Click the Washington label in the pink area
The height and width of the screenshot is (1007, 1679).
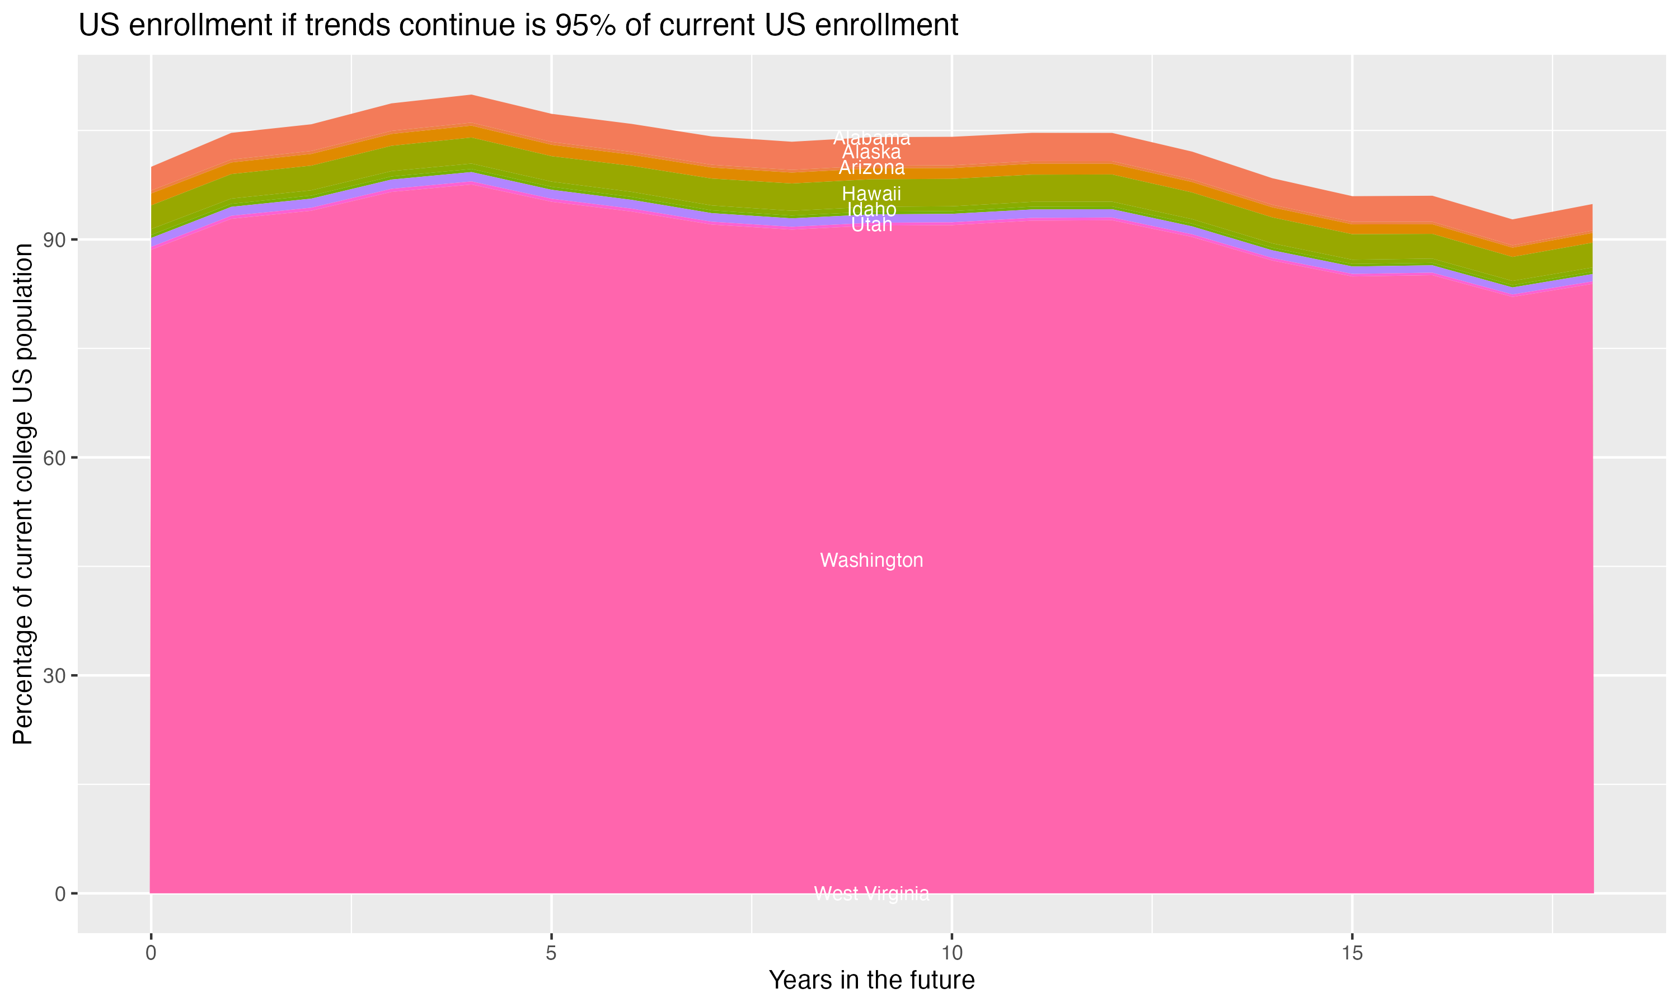point(871,561)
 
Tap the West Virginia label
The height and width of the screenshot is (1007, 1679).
point(871,893)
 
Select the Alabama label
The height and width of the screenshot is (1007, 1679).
point(871,138)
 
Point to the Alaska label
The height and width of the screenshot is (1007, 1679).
point(871,153)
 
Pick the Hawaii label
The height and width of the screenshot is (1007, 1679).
point(871,194)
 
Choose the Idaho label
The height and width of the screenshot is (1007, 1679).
point(871,210)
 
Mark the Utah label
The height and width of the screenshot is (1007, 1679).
point(871,224)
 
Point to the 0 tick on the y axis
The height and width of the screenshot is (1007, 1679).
point(60,893)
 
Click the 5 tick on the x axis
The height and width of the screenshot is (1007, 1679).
point(551,953)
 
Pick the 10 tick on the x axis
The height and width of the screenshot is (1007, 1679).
point(951,953)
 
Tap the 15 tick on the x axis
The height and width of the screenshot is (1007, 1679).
point(1352,953)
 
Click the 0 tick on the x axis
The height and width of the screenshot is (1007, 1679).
point(151,953)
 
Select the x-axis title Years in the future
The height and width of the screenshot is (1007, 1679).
point(871,981)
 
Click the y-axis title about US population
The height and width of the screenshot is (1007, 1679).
point(23,494)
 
